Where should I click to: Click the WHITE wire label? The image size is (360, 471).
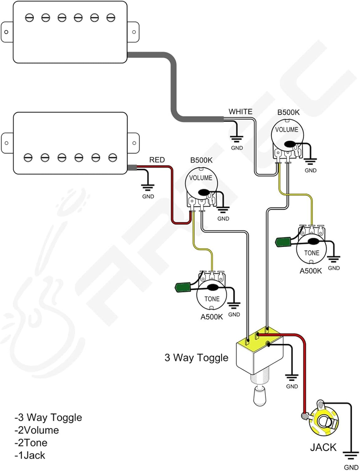coord(240,112)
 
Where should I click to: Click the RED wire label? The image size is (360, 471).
coord(157,160)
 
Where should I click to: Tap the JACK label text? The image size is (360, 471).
coord(323,447)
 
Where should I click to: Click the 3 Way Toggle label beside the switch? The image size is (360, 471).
coord(196,358)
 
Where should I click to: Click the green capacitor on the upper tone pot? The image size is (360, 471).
coord(282,242)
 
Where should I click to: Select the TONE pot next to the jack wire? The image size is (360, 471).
coord(311,250)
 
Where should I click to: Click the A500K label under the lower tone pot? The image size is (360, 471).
coord(212,317)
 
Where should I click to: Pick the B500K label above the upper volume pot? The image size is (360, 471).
coord(288,112)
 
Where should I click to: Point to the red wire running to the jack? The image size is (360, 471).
coord(304,377)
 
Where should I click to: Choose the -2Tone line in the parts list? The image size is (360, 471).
coord(31,443)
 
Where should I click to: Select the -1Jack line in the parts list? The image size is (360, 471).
coord(30,455)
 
